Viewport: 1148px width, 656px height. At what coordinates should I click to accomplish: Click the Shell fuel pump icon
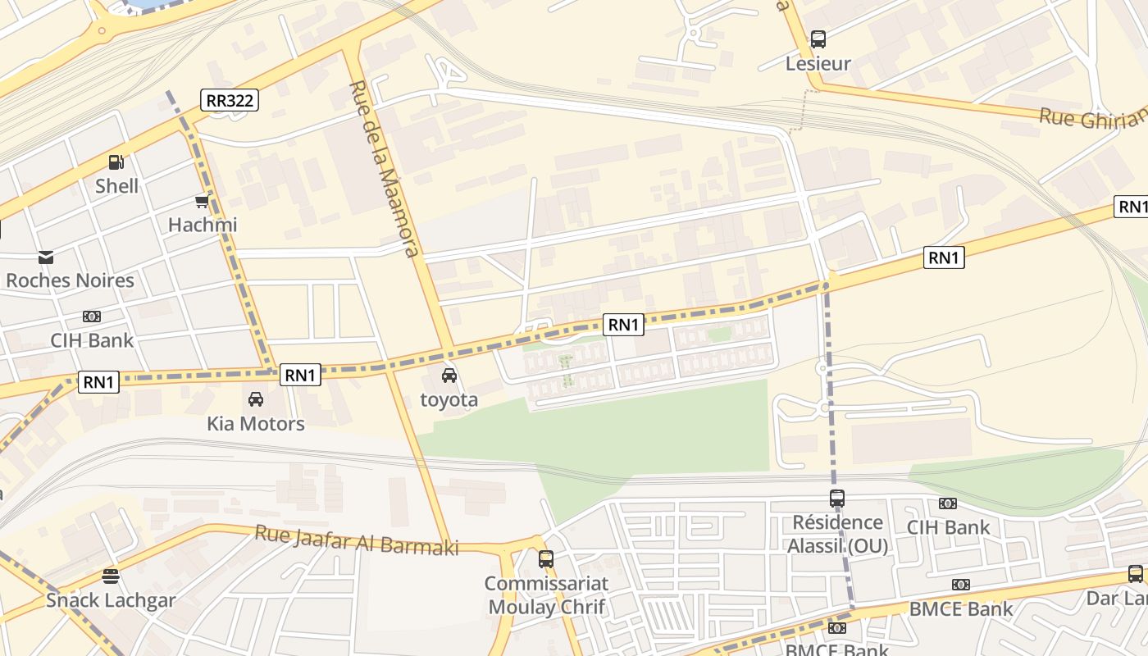(x=116, y=162)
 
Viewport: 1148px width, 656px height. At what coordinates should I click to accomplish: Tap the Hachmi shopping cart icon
(x=202, y=202)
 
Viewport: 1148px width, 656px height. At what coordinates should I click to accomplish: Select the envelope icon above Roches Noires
(x=46, y=257)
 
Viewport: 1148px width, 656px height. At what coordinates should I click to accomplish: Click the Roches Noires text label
(x=70, y=280)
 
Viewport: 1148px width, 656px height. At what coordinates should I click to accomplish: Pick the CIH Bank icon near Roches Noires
(x=92, y=317)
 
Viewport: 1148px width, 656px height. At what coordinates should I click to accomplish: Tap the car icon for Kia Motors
(x=256, y=399)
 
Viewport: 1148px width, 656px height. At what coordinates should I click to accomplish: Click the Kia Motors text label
(x=256, y=424)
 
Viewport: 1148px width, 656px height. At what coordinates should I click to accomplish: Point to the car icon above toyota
(x=449, y=376)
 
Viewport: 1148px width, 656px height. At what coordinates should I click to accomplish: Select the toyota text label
(x=449, y=400)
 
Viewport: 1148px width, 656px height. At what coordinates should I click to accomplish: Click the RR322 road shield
(x=230, y=101)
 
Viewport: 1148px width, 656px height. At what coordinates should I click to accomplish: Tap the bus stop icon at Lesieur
(x=818, y=39)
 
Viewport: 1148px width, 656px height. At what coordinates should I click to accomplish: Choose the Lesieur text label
(x=818, y=63)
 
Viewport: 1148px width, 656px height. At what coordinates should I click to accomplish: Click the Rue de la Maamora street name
(x=384, y=168)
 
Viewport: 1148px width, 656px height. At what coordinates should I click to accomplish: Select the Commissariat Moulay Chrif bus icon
(x=546, y=559)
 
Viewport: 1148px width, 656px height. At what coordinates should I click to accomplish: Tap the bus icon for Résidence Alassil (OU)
(x=836, y=498)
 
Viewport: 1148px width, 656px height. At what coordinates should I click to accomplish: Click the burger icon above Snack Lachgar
(x=111, y=576)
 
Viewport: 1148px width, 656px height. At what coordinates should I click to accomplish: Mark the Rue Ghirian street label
(x=1092, y=118)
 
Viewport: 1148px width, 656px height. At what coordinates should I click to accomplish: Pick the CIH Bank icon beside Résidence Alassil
(x=948, y=503)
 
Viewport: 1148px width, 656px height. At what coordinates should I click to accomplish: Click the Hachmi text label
(x=202, y=225)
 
